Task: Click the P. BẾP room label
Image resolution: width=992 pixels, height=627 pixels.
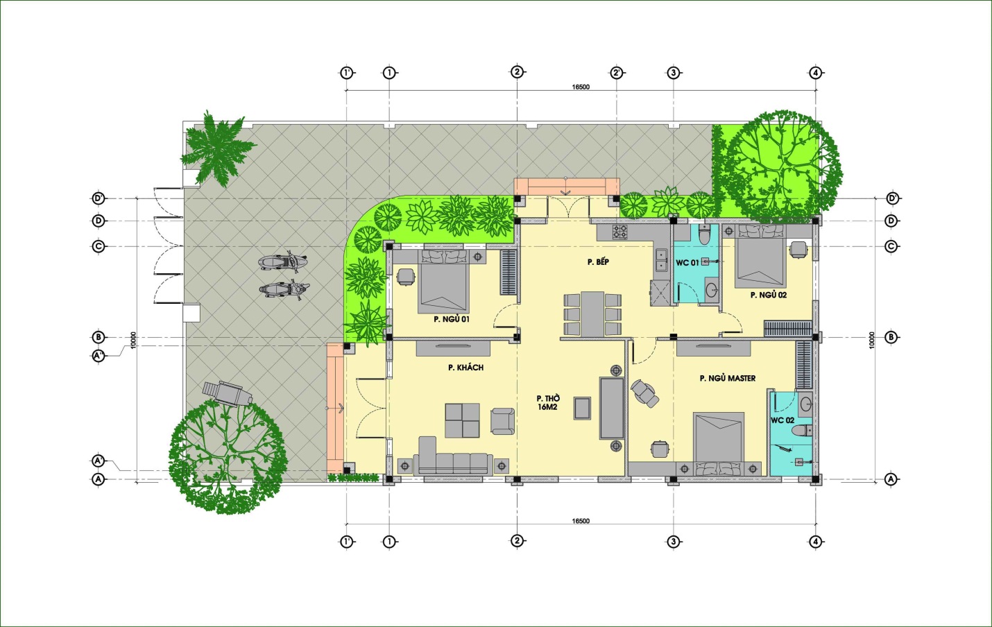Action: coord(598,261)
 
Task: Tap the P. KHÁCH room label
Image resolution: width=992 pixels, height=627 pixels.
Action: coord(465,368)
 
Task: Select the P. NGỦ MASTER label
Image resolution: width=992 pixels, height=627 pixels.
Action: coord(728,378)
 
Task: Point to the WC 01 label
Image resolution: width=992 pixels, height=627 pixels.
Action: coord(687,263)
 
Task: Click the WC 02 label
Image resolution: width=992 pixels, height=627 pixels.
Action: coord(783,420)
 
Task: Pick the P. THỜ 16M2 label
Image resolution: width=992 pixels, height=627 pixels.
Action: coord(548,402)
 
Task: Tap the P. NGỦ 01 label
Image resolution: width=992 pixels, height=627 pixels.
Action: coord(452,319)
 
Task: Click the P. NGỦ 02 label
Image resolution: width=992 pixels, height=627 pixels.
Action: coord(769,295)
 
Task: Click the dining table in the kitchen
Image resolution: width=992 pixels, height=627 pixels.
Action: coord(592,314)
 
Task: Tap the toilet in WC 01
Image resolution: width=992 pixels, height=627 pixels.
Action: coord(704,233)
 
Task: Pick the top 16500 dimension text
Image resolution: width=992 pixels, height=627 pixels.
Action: coord(581,87)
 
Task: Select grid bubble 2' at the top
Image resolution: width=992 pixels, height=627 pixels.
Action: coord(617,73)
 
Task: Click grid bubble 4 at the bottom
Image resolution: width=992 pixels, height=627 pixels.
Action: coord(815,542)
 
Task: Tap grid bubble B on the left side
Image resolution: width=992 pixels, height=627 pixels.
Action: coord(99,337)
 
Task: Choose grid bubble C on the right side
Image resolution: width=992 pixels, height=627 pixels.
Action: coord(891,247)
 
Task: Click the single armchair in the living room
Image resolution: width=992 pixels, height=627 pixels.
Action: coord(503,421)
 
